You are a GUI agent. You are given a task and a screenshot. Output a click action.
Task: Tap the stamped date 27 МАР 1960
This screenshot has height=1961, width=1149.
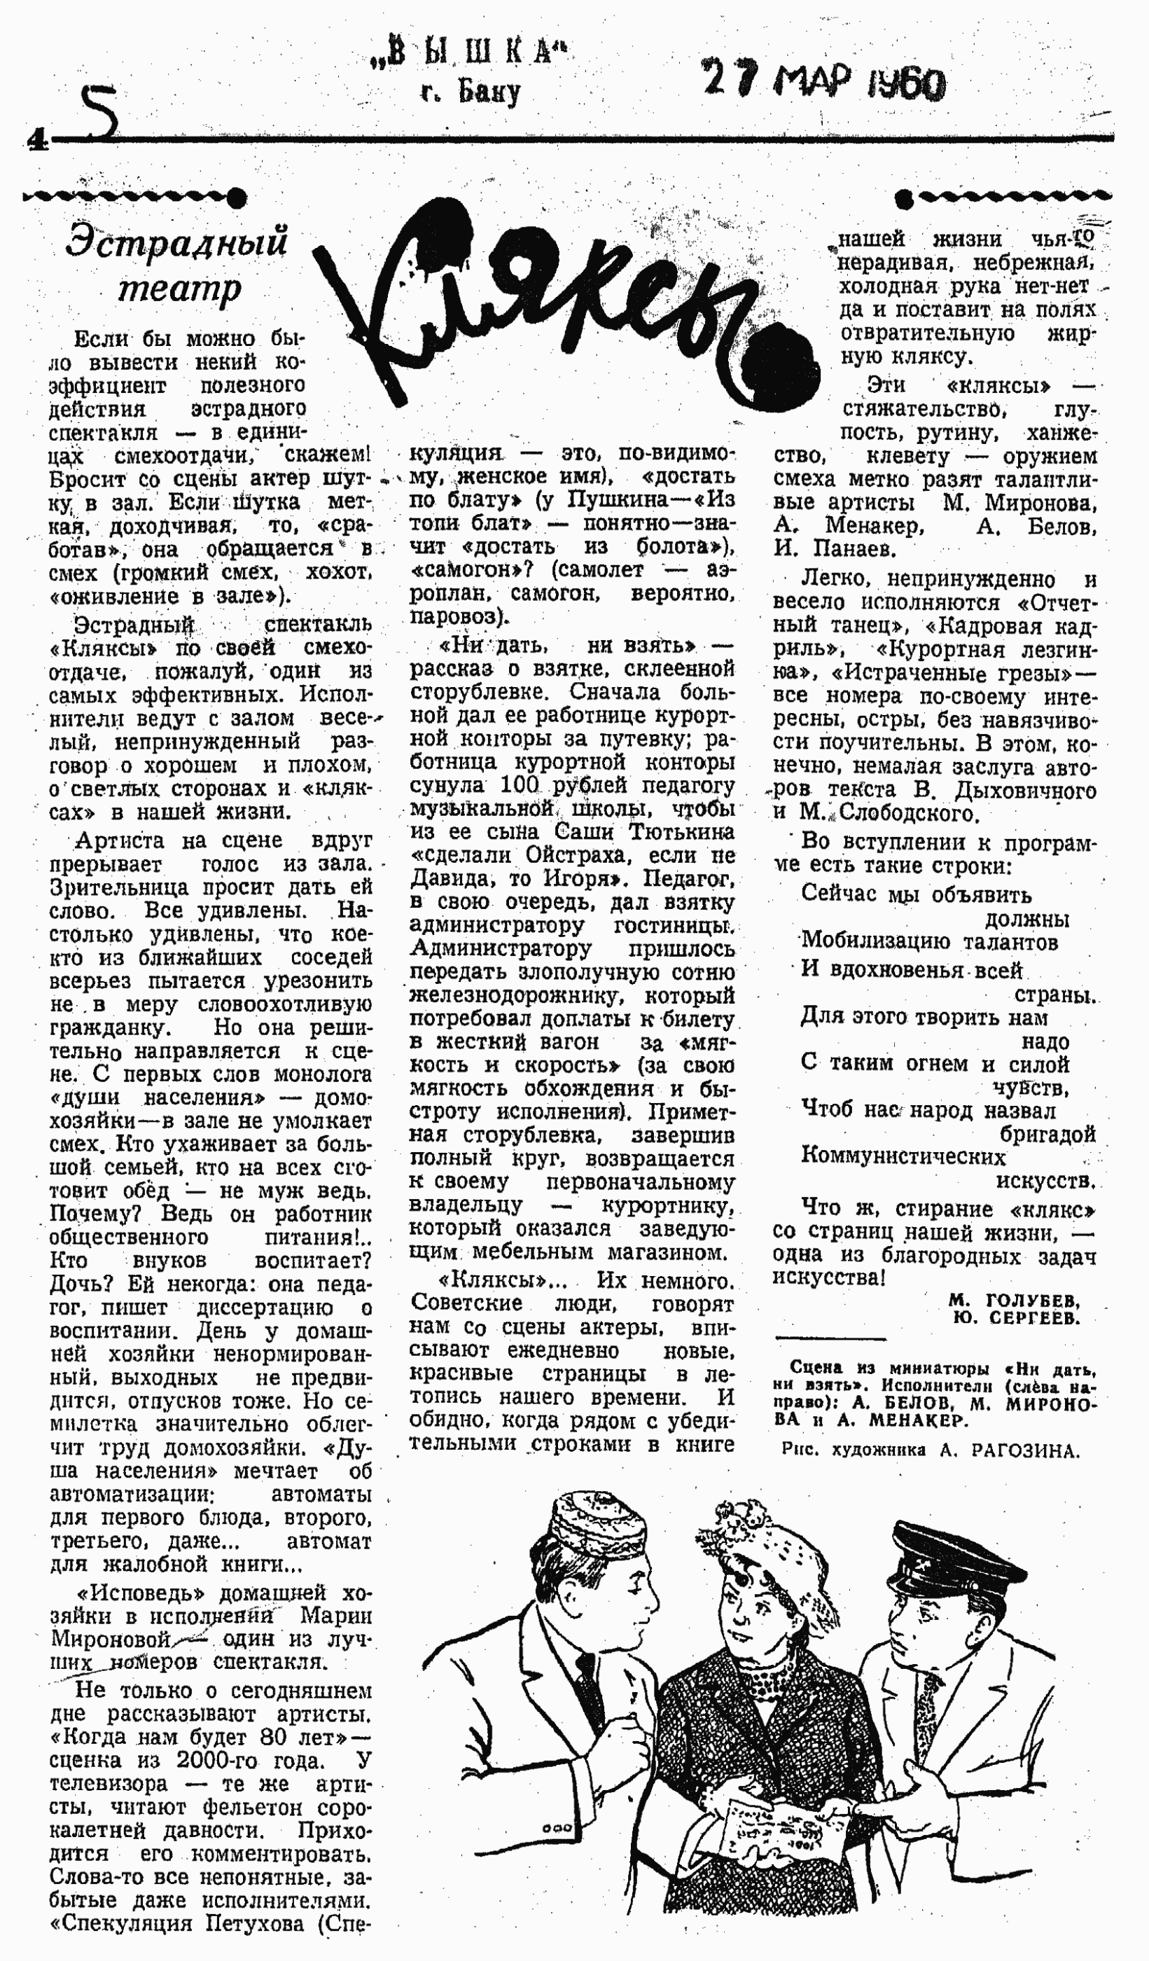824,79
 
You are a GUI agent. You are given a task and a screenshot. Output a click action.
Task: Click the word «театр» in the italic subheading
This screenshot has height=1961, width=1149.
180,289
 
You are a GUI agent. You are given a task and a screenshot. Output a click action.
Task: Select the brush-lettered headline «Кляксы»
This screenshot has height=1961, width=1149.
537,303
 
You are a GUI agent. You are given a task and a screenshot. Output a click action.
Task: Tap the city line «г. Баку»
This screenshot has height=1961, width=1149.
471,92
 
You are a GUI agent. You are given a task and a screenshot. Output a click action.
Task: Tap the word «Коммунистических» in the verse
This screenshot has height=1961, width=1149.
903,1156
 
